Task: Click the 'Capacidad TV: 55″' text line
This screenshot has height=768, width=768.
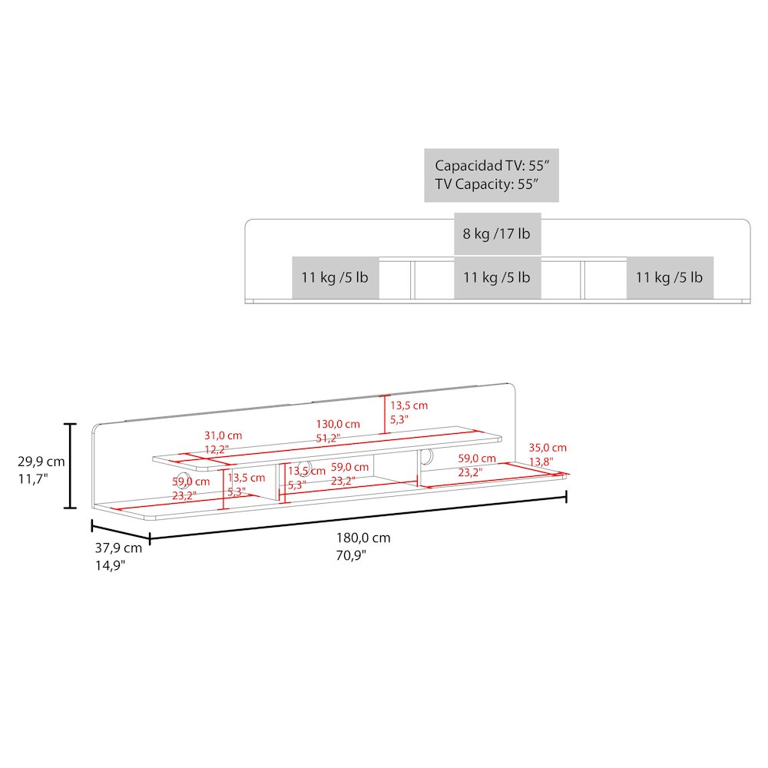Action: tap(492, 166)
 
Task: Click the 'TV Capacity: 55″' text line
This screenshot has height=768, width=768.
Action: tap(487, 184)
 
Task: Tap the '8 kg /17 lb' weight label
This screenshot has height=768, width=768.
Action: tap(497, 233)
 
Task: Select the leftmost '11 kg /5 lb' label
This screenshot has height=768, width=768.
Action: tap(335, 277)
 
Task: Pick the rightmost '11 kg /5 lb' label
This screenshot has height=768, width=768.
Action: tap(669, 277)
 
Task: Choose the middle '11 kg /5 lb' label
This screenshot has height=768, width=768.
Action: tap(497, 277)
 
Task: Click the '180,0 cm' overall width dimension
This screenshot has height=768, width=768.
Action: tap(363, 538)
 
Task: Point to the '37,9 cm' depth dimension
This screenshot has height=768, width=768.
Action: tap(118, 548)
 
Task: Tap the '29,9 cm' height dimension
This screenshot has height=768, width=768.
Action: tap(41, 462)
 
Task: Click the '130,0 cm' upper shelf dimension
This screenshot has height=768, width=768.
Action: tap(338, 424)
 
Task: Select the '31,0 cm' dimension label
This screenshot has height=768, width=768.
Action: tap(223, 435)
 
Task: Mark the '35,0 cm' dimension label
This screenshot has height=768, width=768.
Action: tap(548, 448)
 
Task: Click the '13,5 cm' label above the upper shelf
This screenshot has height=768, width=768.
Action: tap(409, 406)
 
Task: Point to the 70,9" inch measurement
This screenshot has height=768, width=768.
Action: tap(351, 555)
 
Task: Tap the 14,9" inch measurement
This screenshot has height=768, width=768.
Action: tap(110, 566)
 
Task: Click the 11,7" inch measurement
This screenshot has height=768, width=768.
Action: tap(33, 479)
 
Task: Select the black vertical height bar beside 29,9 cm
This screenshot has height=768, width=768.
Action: tap(71, 466)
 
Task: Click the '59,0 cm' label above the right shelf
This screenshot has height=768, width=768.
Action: tap(477, 458)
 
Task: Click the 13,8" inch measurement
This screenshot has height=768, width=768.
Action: tap(541, 462)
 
